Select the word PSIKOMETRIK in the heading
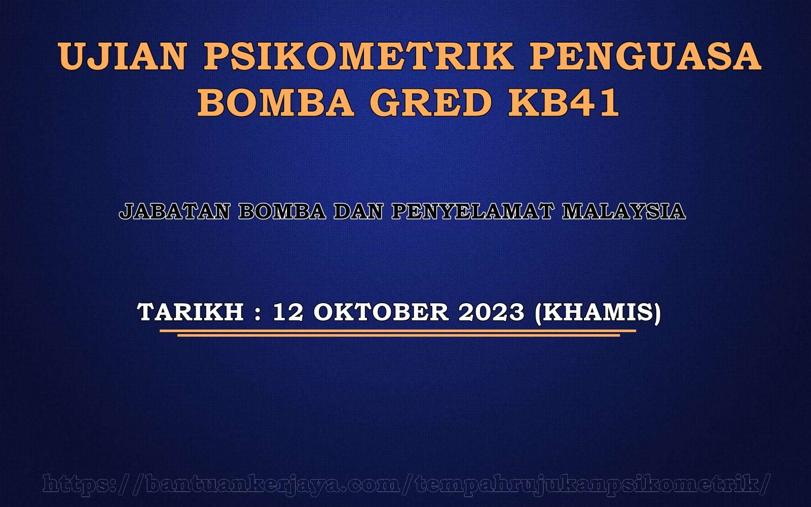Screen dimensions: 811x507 coord(358,56)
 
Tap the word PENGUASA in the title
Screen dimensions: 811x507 coord(646,56)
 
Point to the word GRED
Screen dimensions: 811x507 coord(430,102)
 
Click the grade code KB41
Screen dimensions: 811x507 coord(563,102)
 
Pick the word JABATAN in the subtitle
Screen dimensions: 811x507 coord(174,211)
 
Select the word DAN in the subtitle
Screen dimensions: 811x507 coord(358,211)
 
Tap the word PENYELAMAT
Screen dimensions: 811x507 coord(472,211)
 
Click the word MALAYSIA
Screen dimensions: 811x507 coord(624,211)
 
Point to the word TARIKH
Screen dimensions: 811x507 coord(191,312)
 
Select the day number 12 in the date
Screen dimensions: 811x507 coord(288,312)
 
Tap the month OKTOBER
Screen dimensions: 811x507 coord(381,312)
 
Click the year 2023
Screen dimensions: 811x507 coord(491,312)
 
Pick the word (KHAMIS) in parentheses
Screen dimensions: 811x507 coord(598,313)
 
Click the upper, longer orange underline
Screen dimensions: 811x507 coord(398,331)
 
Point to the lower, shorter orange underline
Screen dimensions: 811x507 coord(398,335)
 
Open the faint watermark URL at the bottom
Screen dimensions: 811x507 coord(405,485)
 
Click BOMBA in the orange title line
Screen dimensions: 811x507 coord(276,102)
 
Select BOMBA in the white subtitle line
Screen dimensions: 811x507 coord(282,211)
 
